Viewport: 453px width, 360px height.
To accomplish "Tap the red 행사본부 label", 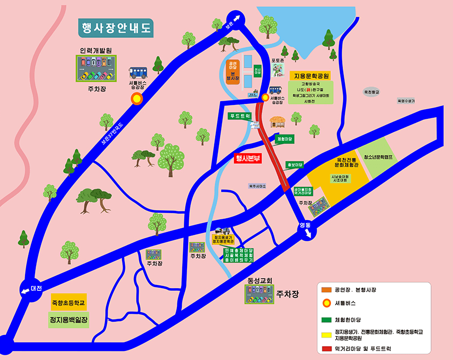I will [x=248, y=158].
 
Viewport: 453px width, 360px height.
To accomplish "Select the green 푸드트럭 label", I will [x=239, y=116].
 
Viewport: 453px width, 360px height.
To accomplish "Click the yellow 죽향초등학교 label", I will [x=69, y=302].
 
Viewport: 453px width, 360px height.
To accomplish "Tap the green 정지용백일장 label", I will [x=68, y=320].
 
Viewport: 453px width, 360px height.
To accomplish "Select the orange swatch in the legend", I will [x=326, y=290].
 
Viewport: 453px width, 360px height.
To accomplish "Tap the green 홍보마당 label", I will [x=294, y=165].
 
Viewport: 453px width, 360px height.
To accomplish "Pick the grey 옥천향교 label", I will [x=371, y=92].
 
